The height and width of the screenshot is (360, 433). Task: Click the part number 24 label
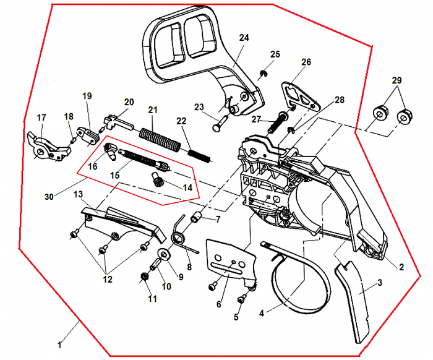244,38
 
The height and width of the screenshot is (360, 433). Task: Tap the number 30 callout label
49,196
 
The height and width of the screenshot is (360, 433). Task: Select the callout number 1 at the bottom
60,345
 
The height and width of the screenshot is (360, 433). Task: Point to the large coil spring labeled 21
159,137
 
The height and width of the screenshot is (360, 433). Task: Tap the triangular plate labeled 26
299,96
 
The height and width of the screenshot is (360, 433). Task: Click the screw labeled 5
242,298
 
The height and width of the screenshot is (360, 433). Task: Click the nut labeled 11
145,277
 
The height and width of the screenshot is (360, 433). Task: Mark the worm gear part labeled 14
157,181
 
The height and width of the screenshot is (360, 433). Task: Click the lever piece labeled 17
45,145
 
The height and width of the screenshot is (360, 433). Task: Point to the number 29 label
397,81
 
